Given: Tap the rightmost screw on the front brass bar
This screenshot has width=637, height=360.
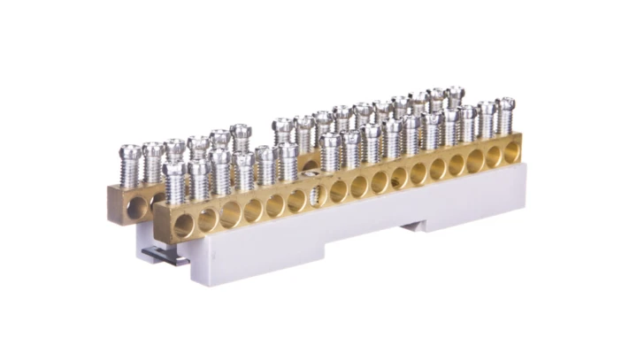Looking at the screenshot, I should pyautogui.click(x=504, y=115).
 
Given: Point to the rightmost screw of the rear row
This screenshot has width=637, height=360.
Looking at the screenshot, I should pyautogui.click(x=455, y=96).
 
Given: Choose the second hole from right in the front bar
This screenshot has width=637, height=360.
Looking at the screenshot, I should pyautogui.click(x=494, y=158).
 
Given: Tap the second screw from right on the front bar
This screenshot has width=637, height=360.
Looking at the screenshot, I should pyautogui.click(x=486, y=119).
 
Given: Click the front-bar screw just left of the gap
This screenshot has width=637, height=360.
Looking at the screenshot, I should pyautogui.click(x=286, y=159).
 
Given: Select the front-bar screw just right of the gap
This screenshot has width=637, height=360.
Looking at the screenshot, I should pyautogui.click(x=330, y=150).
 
